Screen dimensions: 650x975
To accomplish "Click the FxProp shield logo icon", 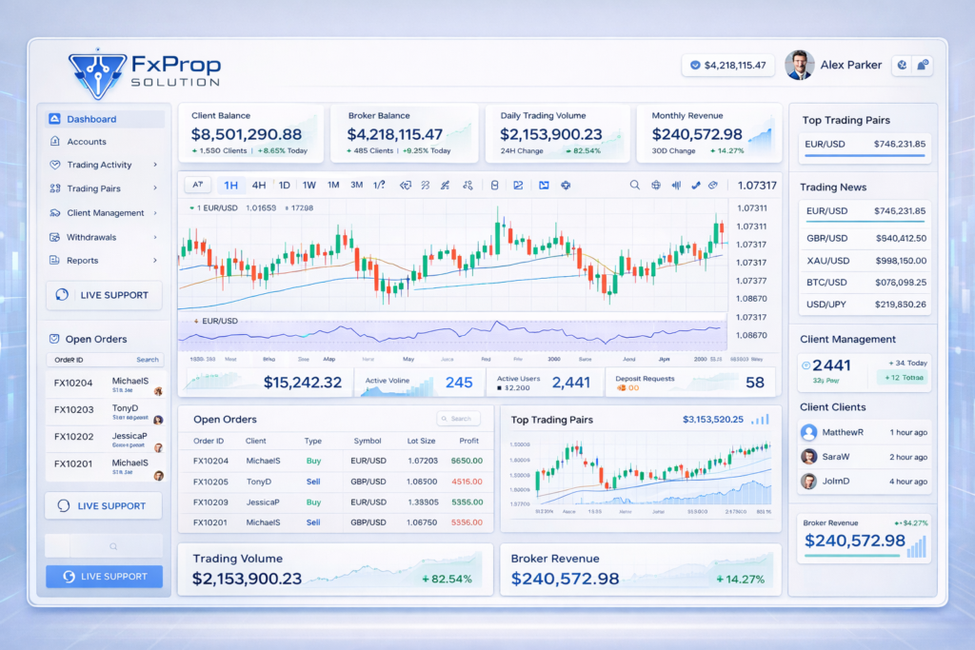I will pos(98,73).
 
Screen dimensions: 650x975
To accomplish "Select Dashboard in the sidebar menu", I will pos(91,119).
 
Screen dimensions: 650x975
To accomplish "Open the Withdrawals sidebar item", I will pos(91,237).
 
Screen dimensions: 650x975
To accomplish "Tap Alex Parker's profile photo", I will pos(799,65).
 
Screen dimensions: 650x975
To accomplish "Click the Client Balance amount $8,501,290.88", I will pos(246,135).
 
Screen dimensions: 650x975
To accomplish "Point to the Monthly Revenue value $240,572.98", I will pos(697,135).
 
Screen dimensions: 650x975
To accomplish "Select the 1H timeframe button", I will pos(229,186).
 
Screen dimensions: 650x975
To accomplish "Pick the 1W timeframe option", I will pos(308,186).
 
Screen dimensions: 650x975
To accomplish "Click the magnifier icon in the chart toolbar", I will pos(635,186).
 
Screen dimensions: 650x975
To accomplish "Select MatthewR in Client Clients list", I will pos(843,432).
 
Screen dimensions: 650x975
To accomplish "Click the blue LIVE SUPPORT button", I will pos(104,576).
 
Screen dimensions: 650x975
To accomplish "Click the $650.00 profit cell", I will pos(467,461).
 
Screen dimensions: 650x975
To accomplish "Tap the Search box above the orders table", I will pos(459,419).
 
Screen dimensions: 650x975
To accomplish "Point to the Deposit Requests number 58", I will pos(754,383).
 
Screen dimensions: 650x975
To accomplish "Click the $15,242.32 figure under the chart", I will pos(302,383).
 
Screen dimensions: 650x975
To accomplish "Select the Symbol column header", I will pos(368,441).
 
